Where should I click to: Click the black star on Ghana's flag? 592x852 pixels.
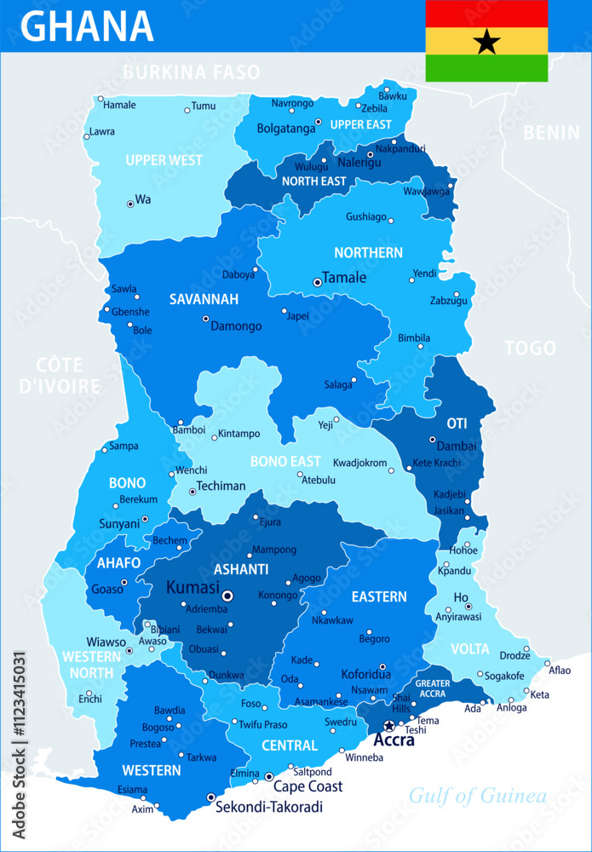486,41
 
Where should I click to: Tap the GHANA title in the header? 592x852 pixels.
87,26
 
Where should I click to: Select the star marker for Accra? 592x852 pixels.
389,726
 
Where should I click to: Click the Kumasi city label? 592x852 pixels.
193,588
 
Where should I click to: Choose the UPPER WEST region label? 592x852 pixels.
164,160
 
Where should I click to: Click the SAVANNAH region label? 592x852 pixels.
204,300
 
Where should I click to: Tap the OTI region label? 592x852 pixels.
457,423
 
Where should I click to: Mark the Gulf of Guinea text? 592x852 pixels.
477,797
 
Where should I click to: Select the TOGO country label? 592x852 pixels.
530,348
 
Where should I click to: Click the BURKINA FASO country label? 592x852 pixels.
191,72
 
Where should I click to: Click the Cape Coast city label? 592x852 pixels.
307,786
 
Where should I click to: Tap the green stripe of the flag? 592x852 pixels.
486,68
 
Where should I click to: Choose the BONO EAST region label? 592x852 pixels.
285,461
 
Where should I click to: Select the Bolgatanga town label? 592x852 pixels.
287,130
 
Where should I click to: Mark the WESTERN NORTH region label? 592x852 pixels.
91,665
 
